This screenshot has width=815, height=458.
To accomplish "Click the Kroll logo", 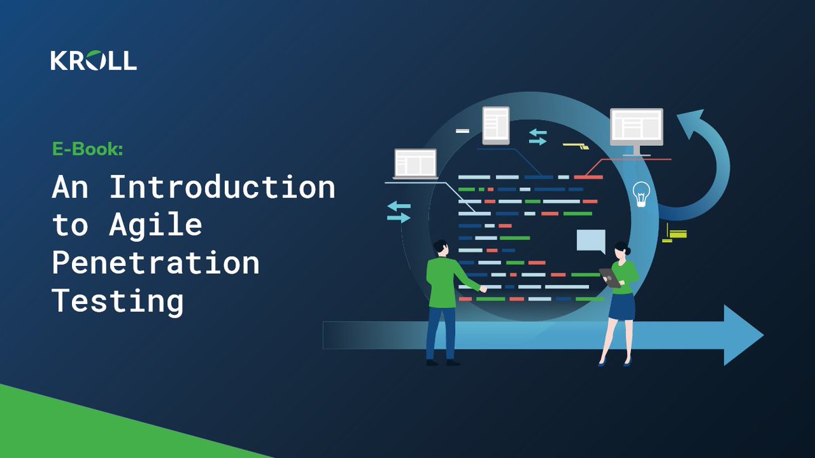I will (93, 60).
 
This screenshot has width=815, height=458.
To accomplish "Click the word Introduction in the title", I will (222, 187).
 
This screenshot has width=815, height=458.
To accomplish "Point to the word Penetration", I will (156, 263).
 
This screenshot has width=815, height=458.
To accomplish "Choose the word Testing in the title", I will (118, 301).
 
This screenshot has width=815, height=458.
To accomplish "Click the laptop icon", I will (415, 164).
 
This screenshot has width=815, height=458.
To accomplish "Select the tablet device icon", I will (496, 126).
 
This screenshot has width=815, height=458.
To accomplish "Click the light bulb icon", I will (640, 193).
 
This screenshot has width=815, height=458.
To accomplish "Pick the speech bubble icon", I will (590, 242).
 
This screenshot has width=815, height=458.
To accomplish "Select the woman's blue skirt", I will (621, 305).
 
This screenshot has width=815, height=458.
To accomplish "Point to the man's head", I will (439, 248).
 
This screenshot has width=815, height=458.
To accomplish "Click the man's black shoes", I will (441, 362).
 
